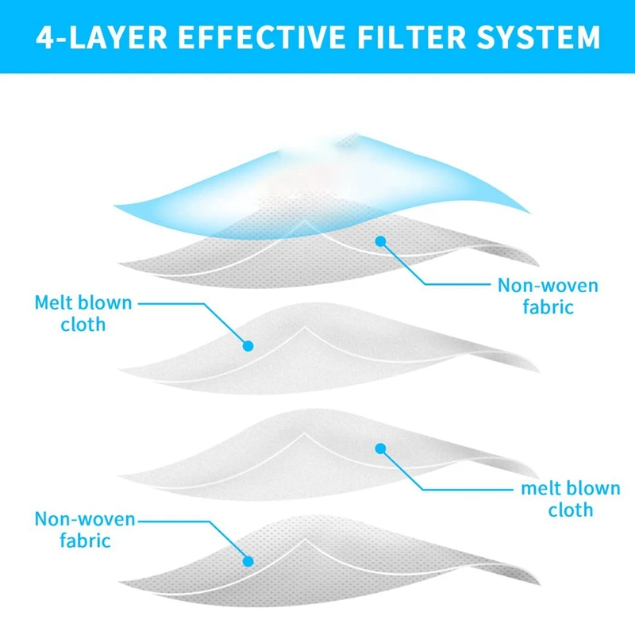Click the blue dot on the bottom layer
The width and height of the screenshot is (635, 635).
click(248, 561)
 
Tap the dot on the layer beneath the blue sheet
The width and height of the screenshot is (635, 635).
click(382, 240)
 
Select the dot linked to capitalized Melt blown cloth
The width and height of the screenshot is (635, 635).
click(248, 346)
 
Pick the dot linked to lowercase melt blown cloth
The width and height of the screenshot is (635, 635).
click(380, 448)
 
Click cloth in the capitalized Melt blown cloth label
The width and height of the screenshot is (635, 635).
click(83, 325)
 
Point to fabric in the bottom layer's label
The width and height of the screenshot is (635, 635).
click(85, 541)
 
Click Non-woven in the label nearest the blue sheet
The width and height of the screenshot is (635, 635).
click(548, 285)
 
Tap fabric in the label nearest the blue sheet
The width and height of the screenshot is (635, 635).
click(548, 306)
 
